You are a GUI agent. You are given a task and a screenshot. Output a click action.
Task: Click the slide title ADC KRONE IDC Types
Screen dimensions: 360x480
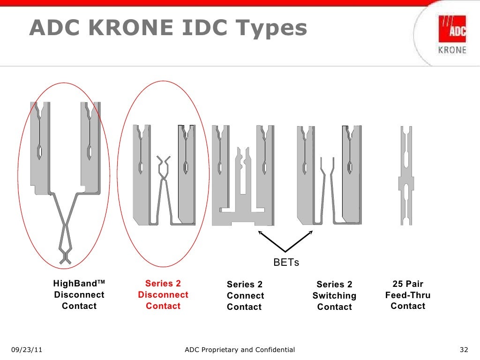click(x=168, y=29)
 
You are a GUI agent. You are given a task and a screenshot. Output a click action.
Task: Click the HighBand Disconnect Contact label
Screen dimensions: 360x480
click(x=79, y=295)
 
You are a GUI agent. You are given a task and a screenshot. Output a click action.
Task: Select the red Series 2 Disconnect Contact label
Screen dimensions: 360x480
click(x=163, y=295)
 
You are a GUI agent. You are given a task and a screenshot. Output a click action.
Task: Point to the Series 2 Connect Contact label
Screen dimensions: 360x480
click(x=245, y=296)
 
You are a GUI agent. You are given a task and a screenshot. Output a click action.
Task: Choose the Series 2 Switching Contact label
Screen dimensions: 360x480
click(x=334, y=296)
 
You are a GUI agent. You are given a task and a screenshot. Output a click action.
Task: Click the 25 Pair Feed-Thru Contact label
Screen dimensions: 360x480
click(x=408, y=295)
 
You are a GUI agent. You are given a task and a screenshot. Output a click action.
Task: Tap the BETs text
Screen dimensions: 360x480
click(x=286, y=263)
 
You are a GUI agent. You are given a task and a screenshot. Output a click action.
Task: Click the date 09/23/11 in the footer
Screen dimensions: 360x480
click(x=27, y=350)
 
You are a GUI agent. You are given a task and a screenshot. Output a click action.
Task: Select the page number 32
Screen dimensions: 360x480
click(x=464, y=350)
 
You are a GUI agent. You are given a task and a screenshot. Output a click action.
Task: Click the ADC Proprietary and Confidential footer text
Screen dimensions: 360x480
click(x=240, y=350)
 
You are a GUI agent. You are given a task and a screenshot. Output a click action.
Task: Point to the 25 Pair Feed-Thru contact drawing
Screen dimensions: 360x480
click(x=406, y=176)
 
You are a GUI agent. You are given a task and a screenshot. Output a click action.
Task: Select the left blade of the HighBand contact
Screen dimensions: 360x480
click(x=39, y=145)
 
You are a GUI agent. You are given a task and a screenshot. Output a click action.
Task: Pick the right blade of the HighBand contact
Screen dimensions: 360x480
click(x=90, y=145)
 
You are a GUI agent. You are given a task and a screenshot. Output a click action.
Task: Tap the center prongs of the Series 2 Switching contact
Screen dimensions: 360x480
click(x=326, y=187)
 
